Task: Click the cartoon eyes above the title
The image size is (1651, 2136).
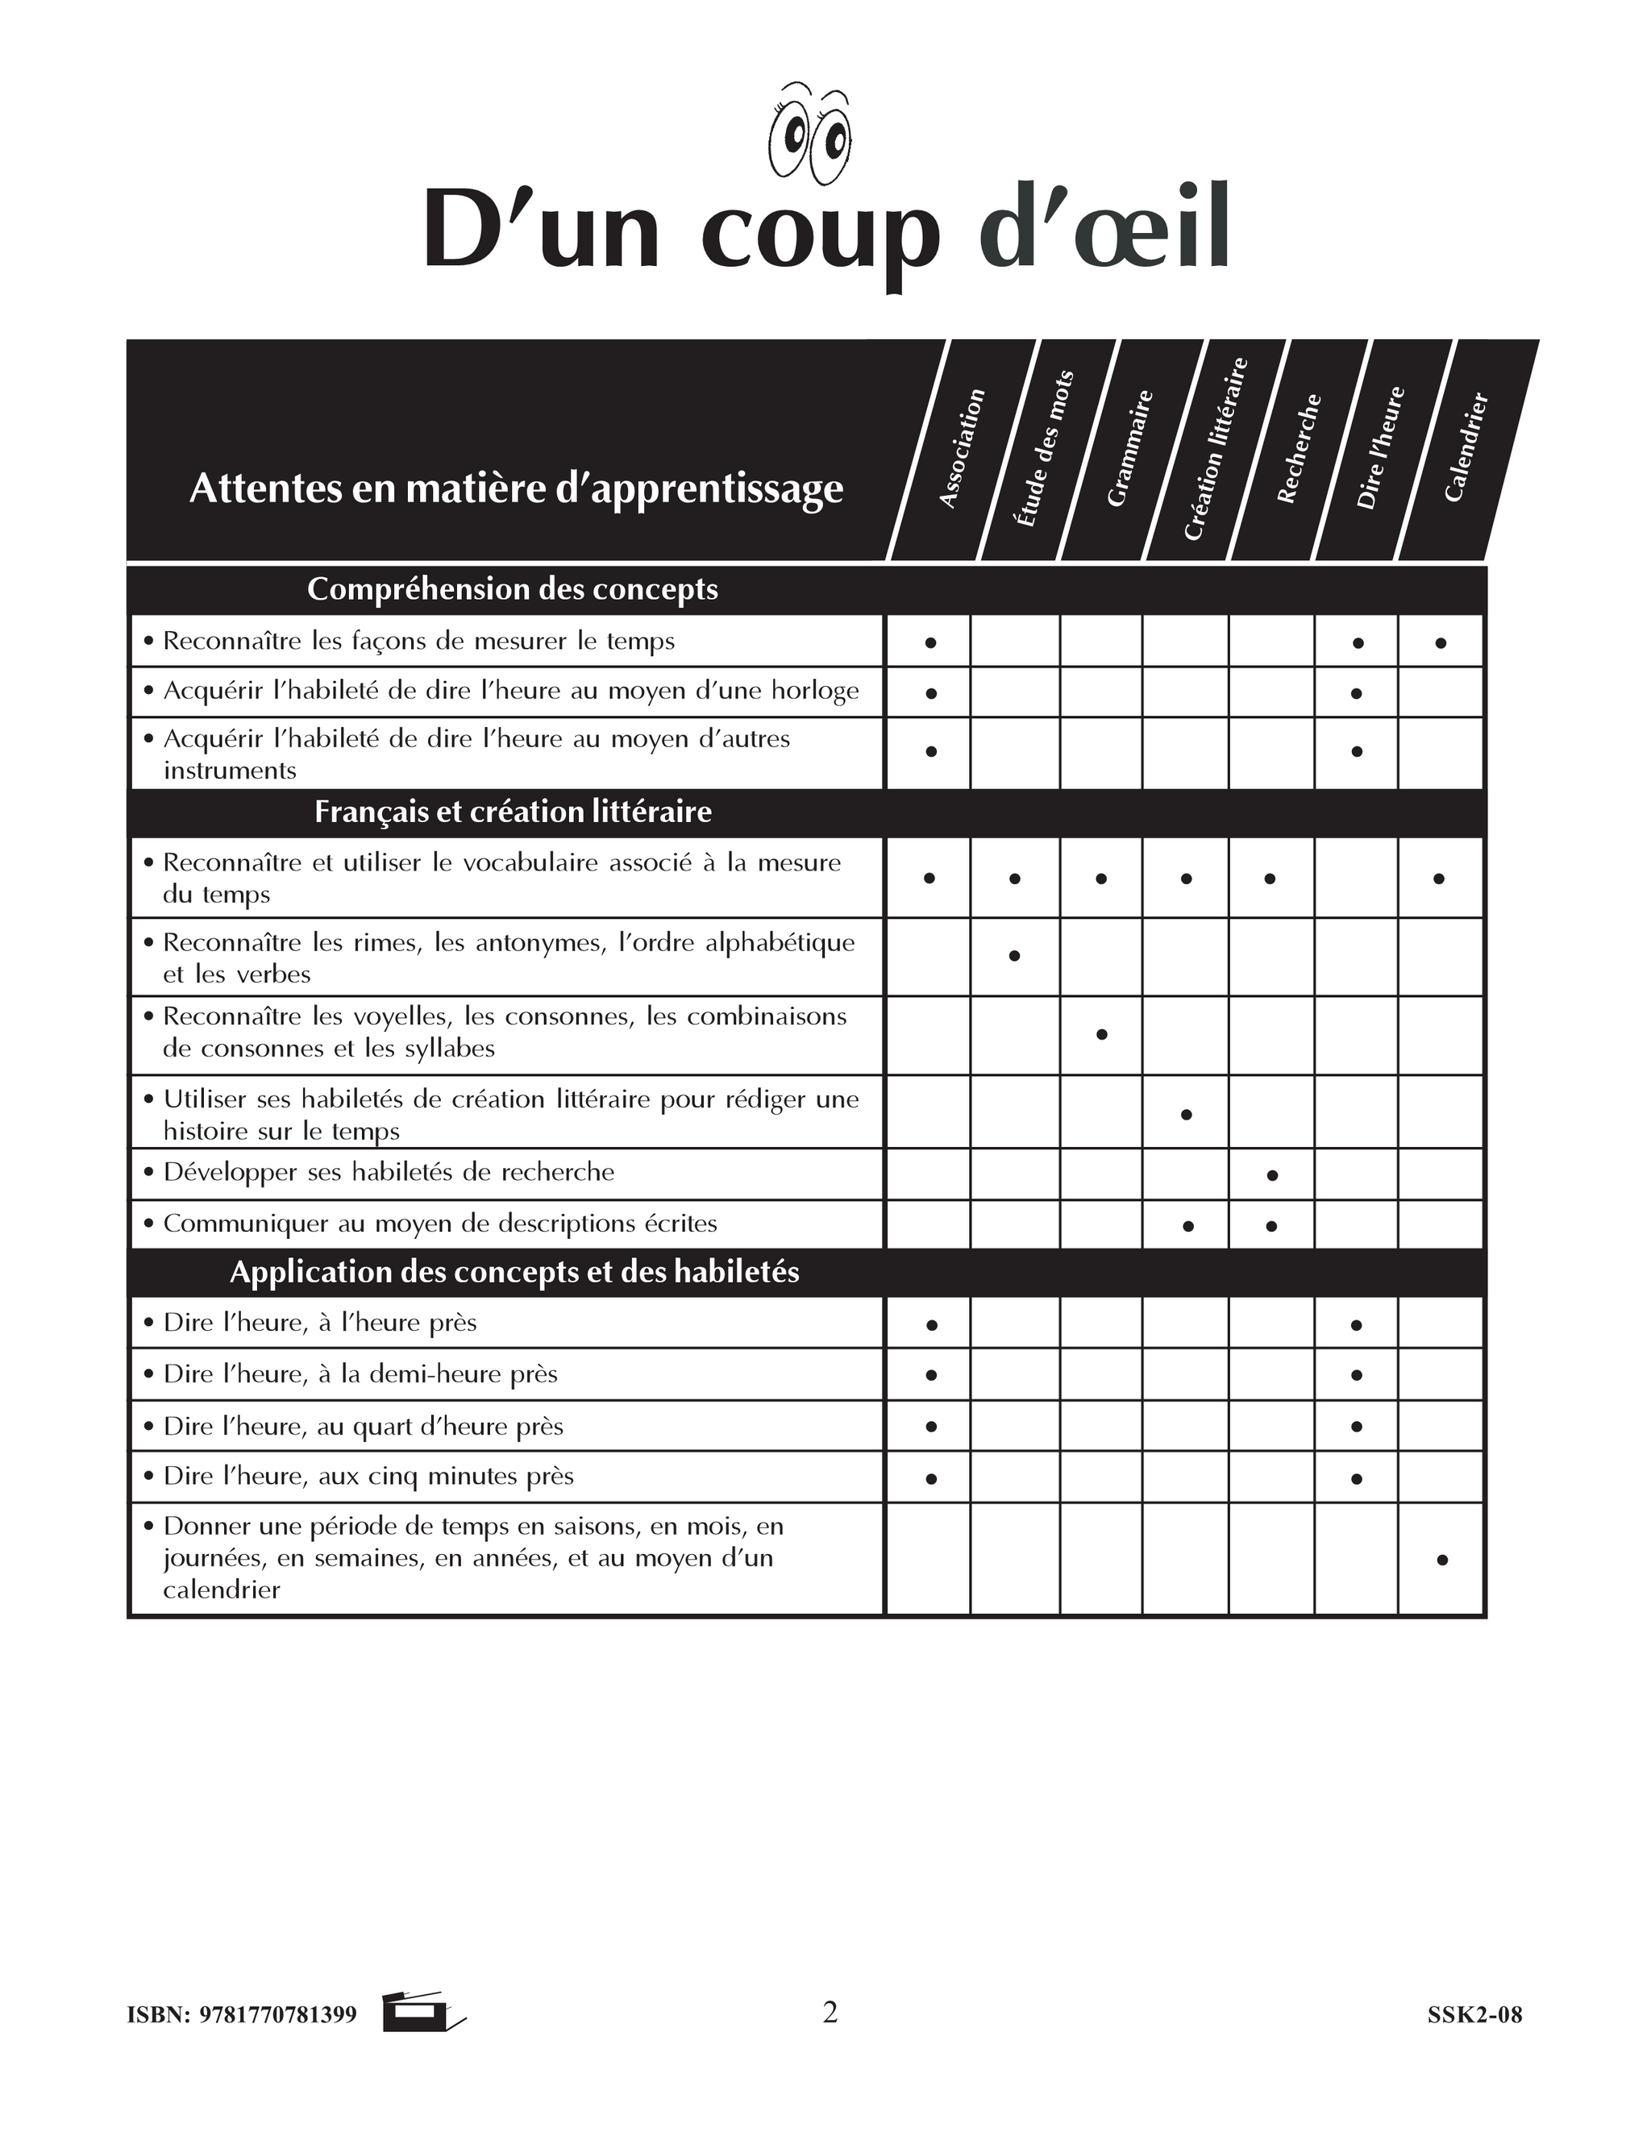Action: point(810,136)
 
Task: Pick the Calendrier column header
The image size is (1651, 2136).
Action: point(1466,447)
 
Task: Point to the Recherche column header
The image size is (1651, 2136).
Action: point(1299,449)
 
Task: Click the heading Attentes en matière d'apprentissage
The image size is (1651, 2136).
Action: point(515,488)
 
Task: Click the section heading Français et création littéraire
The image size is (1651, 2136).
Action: point(513,812)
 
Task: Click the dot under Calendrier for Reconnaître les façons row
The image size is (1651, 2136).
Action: point(1441,643)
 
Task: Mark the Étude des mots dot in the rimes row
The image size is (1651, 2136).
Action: point(1014,955)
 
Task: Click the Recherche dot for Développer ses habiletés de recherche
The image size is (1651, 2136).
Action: point(1271,1175)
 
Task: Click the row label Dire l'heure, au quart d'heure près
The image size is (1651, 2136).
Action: point(363,1426)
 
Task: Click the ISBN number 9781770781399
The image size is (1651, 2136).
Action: point(278,2015)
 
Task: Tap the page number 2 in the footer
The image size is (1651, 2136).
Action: point(830,2012)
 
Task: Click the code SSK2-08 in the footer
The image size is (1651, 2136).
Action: point(1474,2015)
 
